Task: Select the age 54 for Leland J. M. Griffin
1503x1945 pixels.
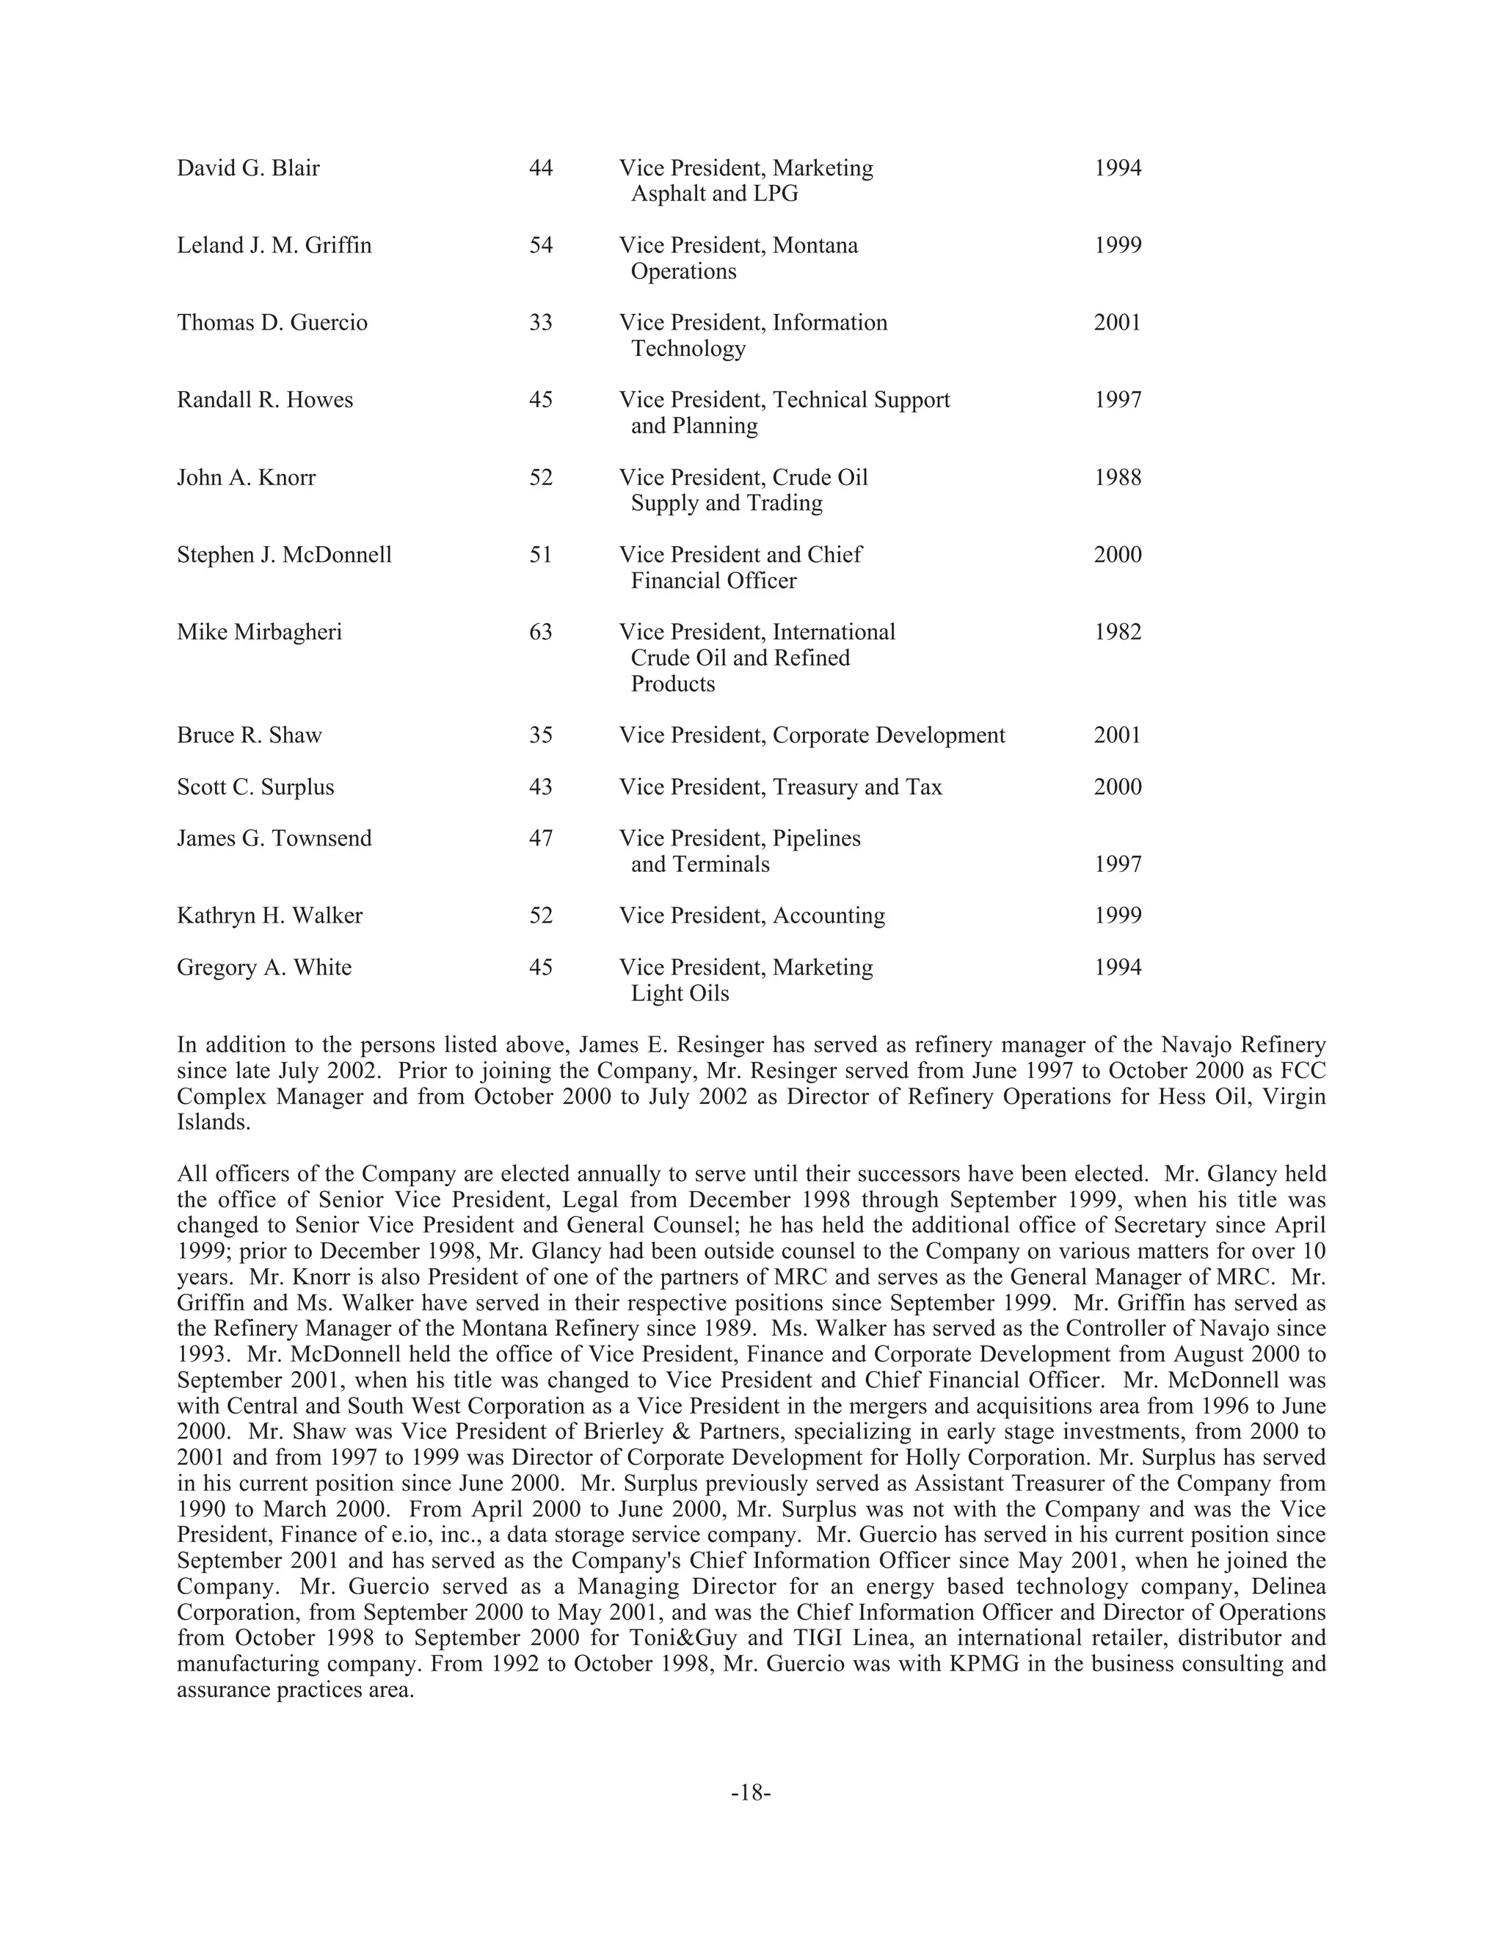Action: click(x=540, y=246)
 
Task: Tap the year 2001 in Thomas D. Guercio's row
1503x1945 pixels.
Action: click(x=1116, y=322)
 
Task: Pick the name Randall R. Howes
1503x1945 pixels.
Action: click(x=264, y=400)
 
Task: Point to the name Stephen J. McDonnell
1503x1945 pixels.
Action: click(x=284, y=555)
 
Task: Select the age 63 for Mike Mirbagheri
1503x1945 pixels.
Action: click(x=540, y=632)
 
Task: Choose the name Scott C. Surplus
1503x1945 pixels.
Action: click(x=255, y=788)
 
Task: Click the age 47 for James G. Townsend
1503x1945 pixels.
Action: click(x=540, y=839)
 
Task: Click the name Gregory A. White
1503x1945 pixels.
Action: click(x=263, y=968)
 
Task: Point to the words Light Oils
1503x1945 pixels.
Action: click(x=680, y=994)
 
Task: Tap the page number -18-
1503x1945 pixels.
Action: click(x=751, y=1793)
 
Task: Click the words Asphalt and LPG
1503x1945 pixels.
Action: click(x=714, y=194)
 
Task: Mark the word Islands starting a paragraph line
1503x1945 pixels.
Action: click(x=213, y=1122)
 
